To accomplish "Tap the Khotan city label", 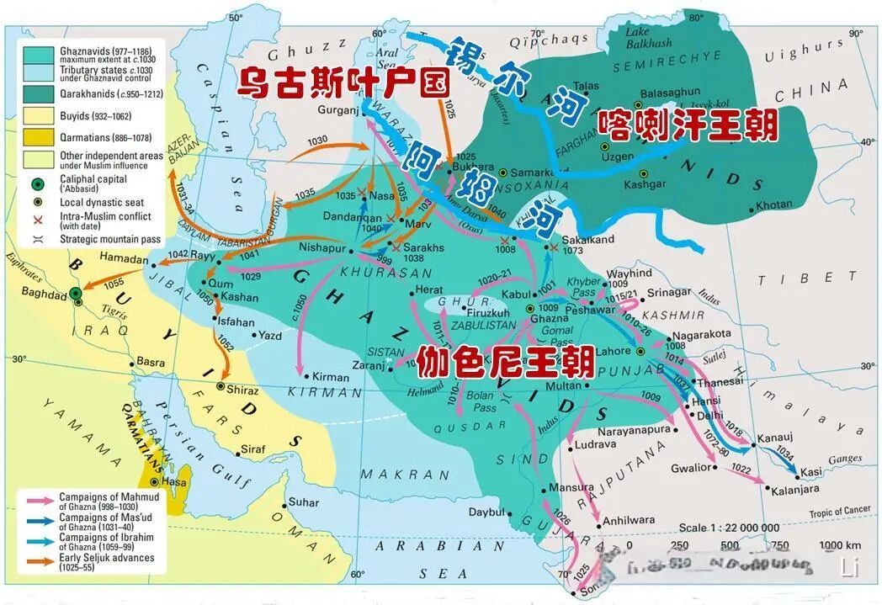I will [774, 204].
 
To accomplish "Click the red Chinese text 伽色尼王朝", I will [505, 362].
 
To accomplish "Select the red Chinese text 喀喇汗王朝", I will [688, 126].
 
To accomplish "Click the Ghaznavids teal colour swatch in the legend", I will [39, 53].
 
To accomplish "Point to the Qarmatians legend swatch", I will [39, 136].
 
